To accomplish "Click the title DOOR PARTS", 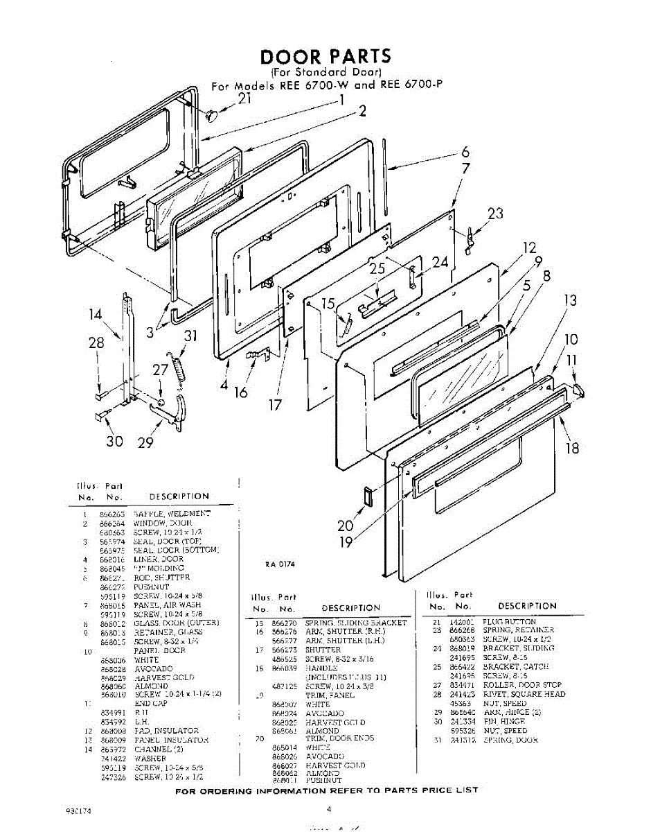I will [325, 55].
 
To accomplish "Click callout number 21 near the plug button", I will [244, 98].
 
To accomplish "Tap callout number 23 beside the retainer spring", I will [495, 214].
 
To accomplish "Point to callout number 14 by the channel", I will [96, 314].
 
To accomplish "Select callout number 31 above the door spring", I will [190, 336].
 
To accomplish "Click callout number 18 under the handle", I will [572, 448].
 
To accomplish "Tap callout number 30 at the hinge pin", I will [114, 442].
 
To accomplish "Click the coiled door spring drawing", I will [179, 368].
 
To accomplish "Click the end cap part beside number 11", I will [580, 391].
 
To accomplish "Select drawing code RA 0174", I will [280, 564].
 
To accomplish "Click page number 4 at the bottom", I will [330, 808].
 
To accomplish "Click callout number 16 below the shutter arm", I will [240, 392].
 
